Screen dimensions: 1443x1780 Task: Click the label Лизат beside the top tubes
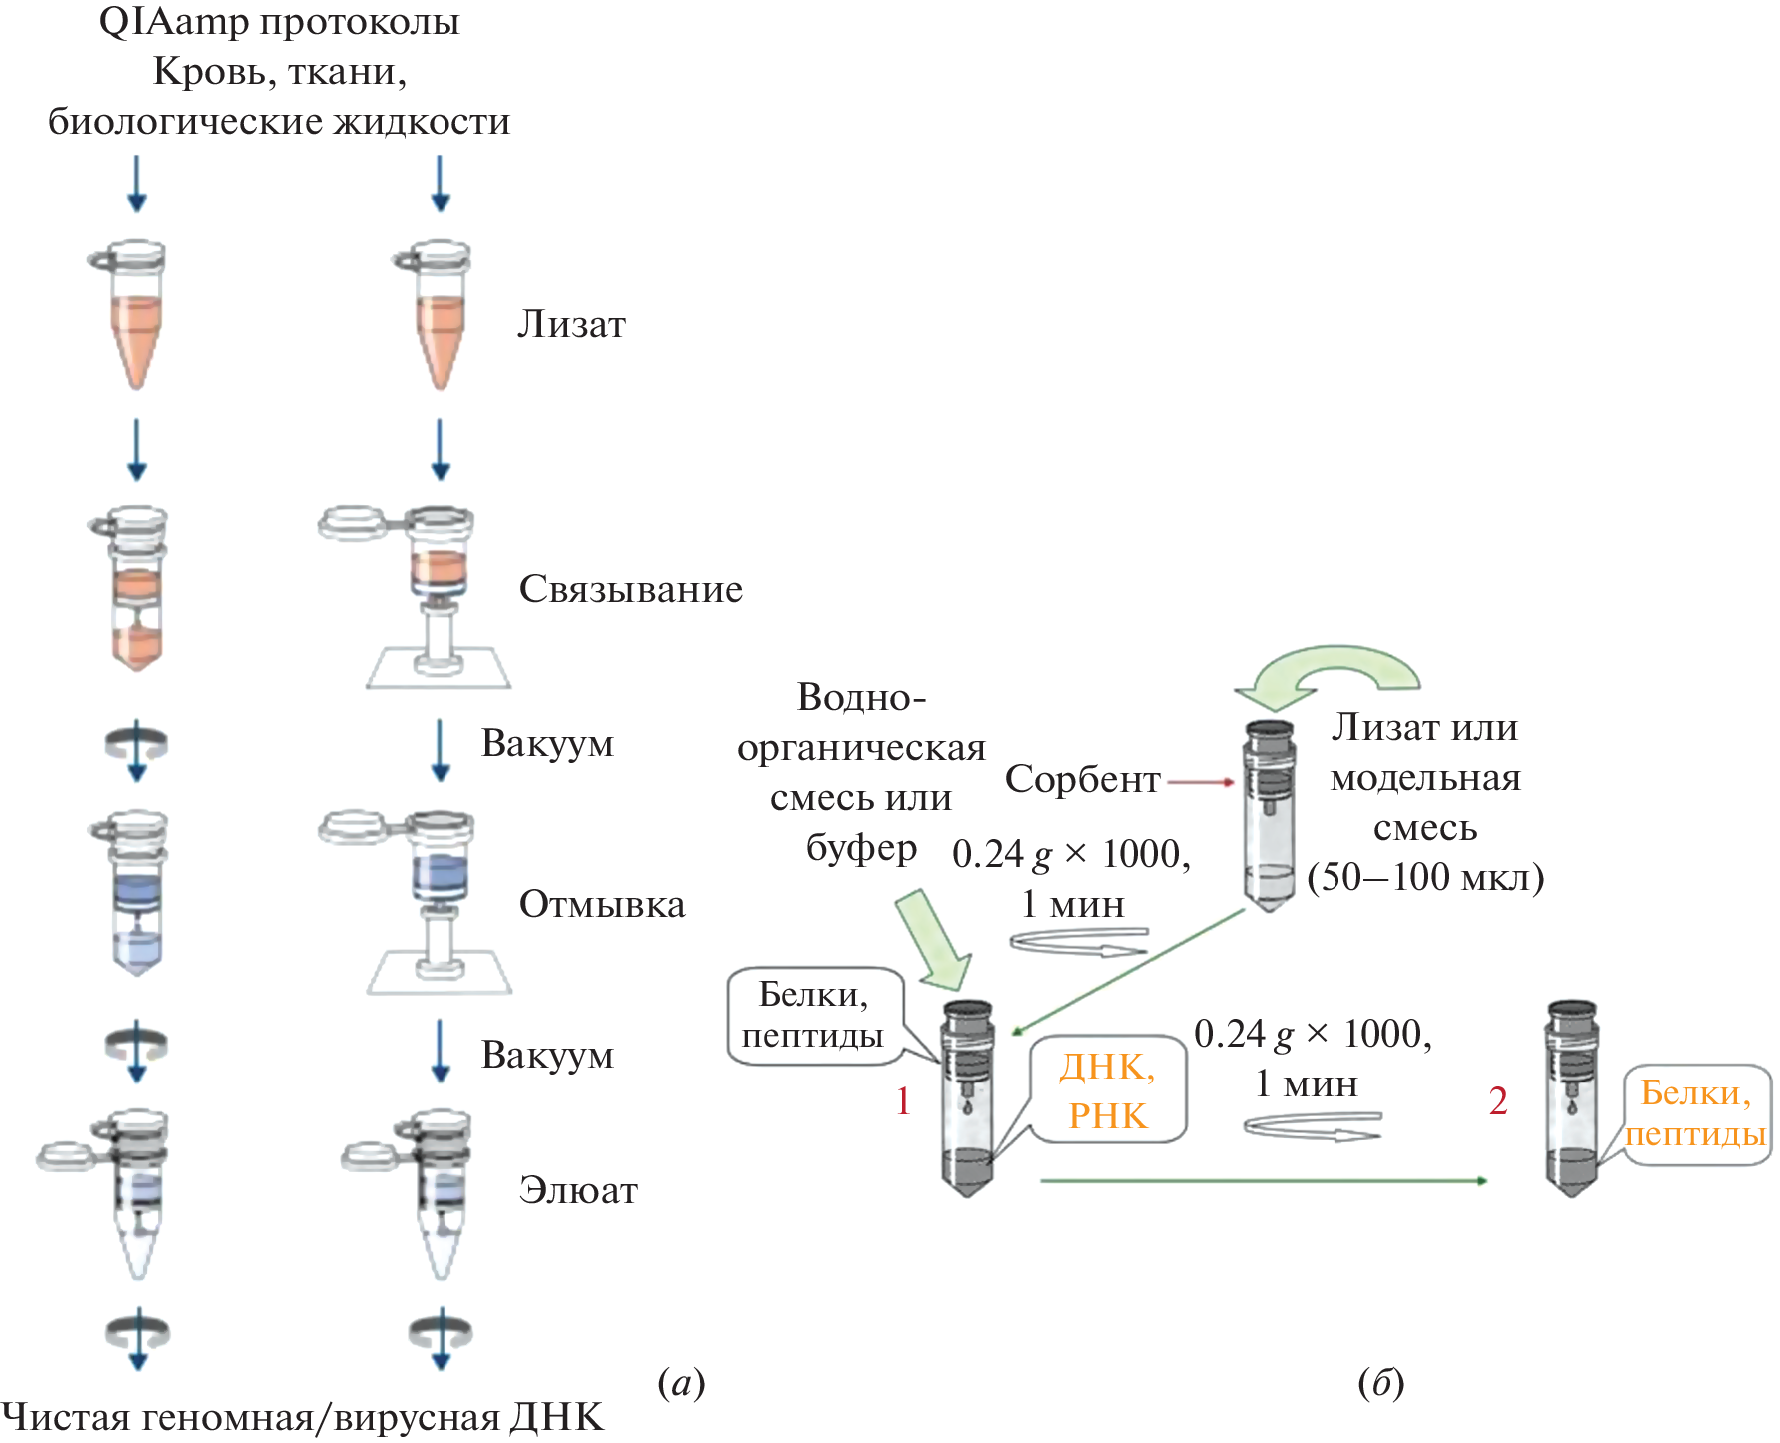coord(571,324)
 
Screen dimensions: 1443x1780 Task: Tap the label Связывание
coord(630,589)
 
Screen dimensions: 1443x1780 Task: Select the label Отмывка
coord(602,904)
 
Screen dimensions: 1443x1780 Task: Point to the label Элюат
coord(578,1190)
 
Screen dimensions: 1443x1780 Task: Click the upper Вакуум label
coord(547,744)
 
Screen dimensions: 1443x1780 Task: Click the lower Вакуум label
coord(547,1056)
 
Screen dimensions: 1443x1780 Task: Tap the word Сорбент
coord(1082,779)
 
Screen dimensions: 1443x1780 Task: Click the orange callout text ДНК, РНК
coord(1108,1090)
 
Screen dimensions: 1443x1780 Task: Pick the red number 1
coord(903,1101)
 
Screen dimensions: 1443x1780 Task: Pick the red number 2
coord(1498,1101)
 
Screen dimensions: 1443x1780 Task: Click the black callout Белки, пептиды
coord(813,1015)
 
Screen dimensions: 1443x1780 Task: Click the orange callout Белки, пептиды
coord(1696,1113)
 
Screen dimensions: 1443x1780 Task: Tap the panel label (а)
coord(681,1383)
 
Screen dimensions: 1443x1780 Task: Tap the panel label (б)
coord(1381,1383)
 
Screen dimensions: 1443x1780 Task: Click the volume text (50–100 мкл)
coord(1425,877)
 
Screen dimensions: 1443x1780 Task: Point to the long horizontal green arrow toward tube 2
coord(1264,1181)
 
